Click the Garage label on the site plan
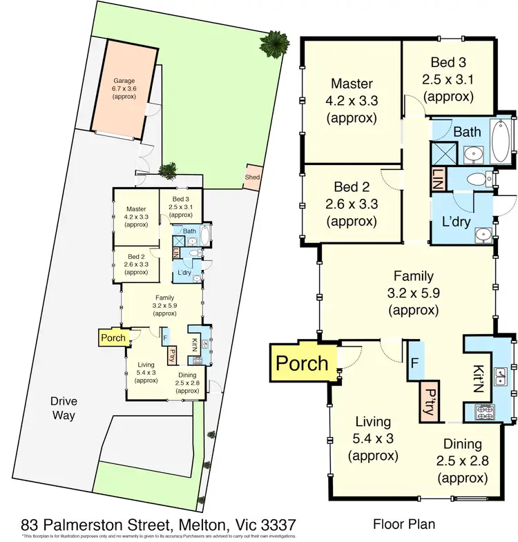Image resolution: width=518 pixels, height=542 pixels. click(125, 81)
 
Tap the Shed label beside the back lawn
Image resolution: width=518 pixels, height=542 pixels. click(252, 177)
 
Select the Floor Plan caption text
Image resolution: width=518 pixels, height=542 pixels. click(407, 523)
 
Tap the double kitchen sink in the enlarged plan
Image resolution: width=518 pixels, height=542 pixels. click(503, 376)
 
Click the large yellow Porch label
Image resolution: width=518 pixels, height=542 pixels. click(301, 362)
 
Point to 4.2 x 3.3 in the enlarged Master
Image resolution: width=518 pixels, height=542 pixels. click(352, 101)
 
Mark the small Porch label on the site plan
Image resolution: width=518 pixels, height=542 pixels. click(113, 338)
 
